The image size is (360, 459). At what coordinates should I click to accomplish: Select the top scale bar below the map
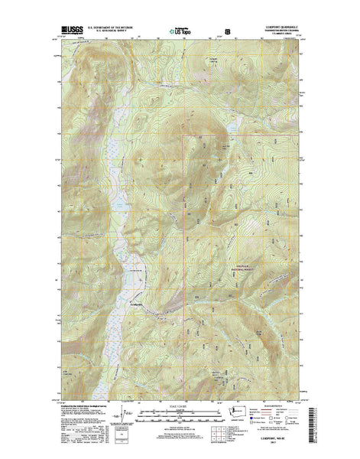[180, 410]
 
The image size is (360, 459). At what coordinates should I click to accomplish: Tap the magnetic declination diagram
[117, 417]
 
